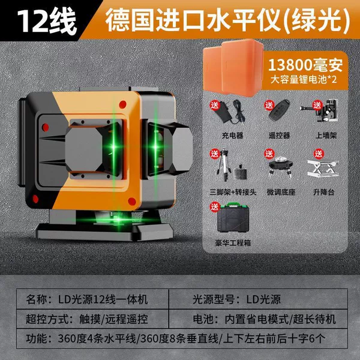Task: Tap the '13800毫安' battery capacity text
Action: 305,65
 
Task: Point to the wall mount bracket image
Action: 320,110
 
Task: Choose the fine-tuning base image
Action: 281,166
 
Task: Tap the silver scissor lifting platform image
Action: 323,168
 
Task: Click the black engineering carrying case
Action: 233,217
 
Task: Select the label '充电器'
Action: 232,136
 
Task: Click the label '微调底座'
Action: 281,192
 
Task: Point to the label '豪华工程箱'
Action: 233,242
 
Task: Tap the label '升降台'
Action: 324,192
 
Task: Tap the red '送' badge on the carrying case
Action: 214,207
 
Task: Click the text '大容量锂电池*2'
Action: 304,79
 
